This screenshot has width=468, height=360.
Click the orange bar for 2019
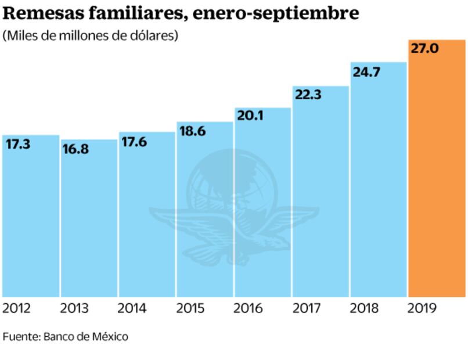pyautogui.click(x=437, y=174)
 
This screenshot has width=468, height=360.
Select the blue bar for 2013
pyautogui.click(x=89, y=221)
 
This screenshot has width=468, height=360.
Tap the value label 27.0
pyautogui.click(x=424, y=49)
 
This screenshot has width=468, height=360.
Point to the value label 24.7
pyautogui.click(x=366, y=72)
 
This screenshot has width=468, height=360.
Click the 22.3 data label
pyautogui.click(x=308, y=95)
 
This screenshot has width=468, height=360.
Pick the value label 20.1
pyautogui.click(x=250, y=116)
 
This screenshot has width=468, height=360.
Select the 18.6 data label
pyautogui.click(x=192, y=131)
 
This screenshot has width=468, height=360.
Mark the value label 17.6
pyautogui.click(x=135, y=142)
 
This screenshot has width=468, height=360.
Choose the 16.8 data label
pyautogui.click(x=76, y=150)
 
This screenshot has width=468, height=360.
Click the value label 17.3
pyautogui.click(x=19, y=145)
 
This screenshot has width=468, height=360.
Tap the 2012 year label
pyautogui.click(x=17, y=308)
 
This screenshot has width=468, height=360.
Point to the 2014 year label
pyautogui.click(x=132, y=308)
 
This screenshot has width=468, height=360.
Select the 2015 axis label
pyautogui.click(x=190, y=308)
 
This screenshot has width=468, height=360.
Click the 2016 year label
pyautogui.click(x=249, y=308)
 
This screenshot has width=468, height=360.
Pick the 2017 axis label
pyautogui.click(x=307, y=308)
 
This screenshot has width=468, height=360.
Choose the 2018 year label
pyautogui.click(x=365, y=308)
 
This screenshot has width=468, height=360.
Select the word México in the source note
pyautogui.click(x=111, y=337)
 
